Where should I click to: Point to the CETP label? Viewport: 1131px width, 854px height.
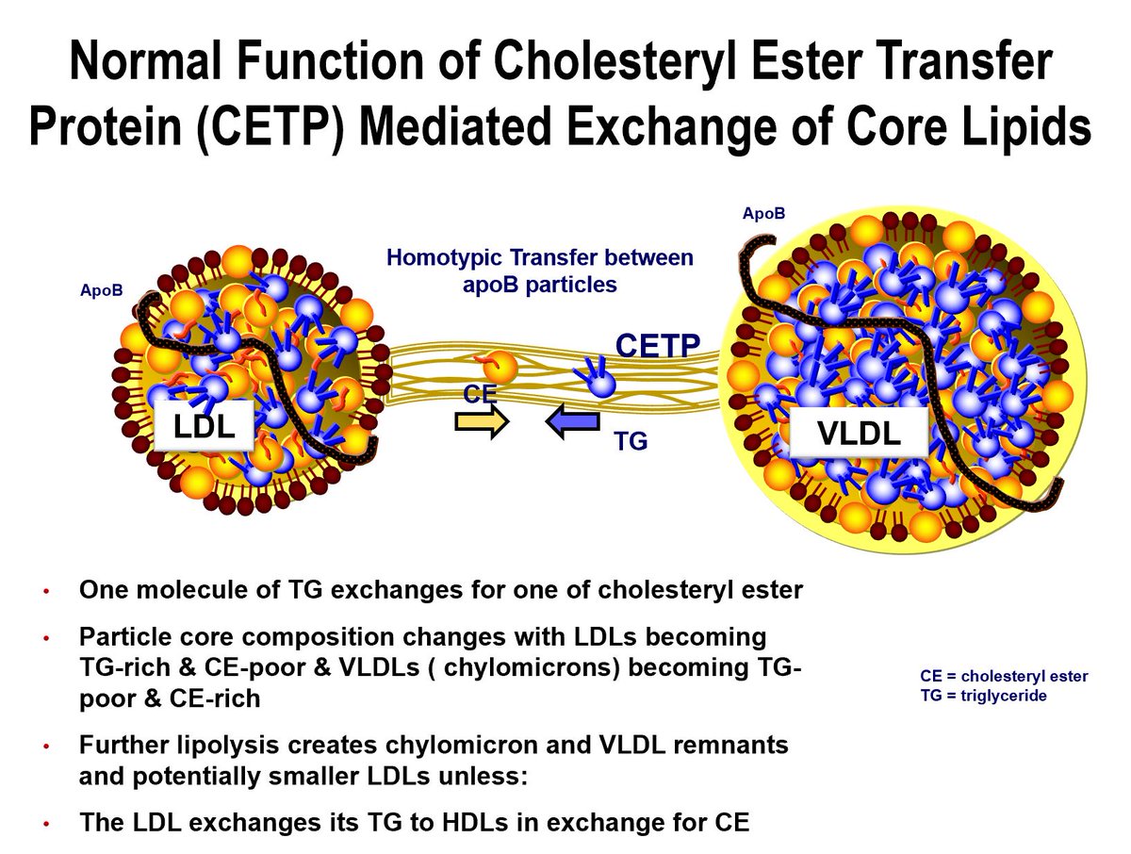point(658,346)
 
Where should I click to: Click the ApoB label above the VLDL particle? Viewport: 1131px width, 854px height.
point(762,215)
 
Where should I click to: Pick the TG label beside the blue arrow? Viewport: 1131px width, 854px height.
point(631,440)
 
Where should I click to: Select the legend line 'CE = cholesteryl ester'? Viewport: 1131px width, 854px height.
point(1004,677)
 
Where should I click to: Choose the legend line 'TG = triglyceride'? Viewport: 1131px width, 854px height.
point(983,695)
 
